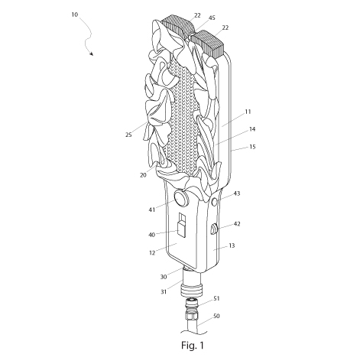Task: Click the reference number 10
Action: coord(74,15)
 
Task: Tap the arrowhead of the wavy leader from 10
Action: coord(91,54)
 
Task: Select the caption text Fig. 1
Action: coord(193,346)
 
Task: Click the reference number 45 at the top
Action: coord(212,18)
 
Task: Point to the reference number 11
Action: coord(248,112)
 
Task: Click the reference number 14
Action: coord(252,129)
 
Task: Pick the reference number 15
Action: coord(252,147)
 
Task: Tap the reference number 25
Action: coord(128,135)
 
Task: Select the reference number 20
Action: coord(143,175)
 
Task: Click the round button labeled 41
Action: coord(181,198)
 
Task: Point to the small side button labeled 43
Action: coord(215,202)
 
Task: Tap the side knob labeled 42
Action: coord(213,229)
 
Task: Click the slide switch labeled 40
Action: coord(182,225)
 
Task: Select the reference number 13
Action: coord(232,245)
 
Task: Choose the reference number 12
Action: coord(152,253)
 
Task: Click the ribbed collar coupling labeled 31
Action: coord(193,289)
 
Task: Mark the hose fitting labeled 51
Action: coord(192,309)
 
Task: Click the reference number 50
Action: coord(216,316)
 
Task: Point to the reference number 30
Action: coord(164,277)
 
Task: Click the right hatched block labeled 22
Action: coord(209,44)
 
